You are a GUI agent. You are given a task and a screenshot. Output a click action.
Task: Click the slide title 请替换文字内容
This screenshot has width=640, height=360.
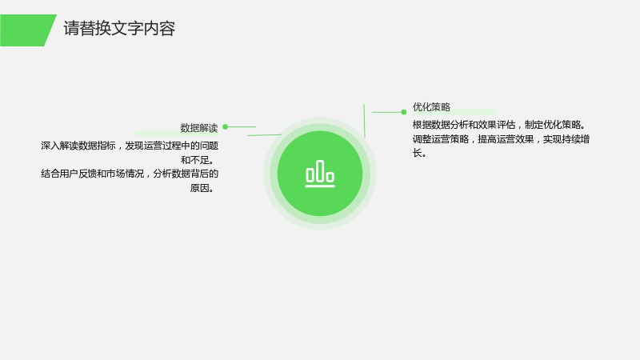click(x=119, y=29)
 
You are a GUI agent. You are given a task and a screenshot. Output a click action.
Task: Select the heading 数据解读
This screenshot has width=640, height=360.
click(x=199, y=128)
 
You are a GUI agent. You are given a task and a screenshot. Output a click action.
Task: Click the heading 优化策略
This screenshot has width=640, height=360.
click(x=431, y=107)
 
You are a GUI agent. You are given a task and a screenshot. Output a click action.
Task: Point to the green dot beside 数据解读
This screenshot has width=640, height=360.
click(x=226, y=127)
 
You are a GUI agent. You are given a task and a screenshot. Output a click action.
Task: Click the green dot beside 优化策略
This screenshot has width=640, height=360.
click(x=404, y=112)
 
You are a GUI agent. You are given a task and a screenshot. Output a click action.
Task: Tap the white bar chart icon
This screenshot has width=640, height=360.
click(x=320, y=174)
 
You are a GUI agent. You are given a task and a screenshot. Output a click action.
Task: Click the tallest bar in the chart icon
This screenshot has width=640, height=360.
click(x=320, y=171)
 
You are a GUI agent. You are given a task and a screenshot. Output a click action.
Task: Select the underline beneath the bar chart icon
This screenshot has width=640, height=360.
click(x=320, y=186)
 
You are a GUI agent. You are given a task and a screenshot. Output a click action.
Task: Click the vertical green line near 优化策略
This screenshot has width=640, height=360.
click(x=364, y=121)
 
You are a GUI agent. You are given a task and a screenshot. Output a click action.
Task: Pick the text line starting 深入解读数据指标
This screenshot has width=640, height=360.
click(x=130, y=146)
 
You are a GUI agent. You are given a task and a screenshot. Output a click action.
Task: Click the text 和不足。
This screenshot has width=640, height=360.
click(x=198, y=160)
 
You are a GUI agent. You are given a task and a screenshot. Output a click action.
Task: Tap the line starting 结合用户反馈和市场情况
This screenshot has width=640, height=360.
click(x=130, y=174)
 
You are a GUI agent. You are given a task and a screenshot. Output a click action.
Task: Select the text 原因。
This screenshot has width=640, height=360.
click(x=202, y=188)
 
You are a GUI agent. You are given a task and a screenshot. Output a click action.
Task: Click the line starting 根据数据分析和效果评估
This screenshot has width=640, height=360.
click(x=499, y=125)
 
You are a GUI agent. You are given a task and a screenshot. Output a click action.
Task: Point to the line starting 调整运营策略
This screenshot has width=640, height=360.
click(x=501, y=139)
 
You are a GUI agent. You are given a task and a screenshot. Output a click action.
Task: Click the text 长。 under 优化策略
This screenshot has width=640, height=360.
click(x=419, y=153)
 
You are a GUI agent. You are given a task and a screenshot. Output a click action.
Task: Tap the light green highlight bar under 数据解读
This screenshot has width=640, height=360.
click(x=176, y=134)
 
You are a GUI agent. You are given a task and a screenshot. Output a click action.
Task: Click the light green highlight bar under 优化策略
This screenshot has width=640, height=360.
click(x=454, y=112)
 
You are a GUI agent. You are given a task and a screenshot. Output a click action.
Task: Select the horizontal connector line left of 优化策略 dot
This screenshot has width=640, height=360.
click(x=386, y=112)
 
